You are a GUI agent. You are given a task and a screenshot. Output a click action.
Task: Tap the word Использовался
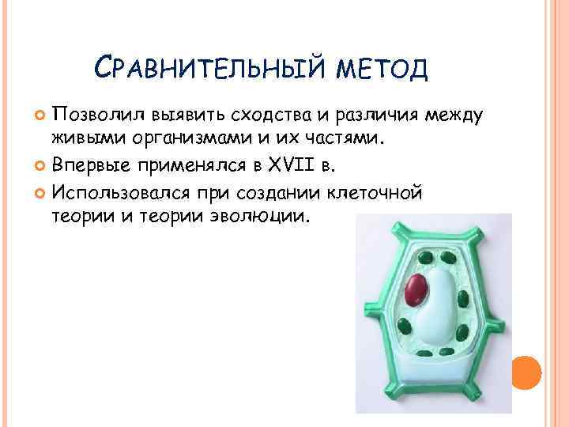[118, 191]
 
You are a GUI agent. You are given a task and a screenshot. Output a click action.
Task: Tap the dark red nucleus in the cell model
[416, 290]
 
